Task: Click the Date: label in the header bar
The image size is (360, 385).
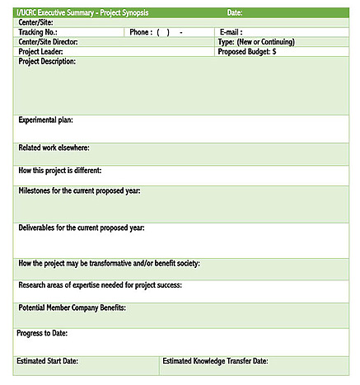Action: (235, 13)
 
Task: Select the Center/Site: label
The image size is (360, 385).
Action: (35, 22)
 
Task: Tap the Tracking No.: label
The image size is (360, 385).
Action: (38, 32)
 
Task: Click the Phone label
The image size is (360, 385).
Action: (141, 32)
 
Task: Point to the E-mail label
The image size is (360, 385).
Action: (231, 32)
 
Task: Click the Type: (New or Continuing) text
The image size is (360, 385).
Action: (256, 42)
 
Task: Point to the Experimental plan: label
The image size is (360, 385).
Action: (45, 120)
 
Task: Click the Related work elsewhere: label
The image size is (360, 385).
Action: (54, 148)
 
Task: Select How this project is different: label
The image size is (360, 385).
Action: (60, 171)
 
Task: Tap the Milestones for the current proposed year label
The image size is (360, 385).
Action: (79, 191)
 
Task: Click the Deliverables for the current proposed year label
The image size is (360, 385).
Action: (82, 228)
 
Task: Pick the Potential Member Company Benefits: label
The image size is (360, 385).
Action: (72, 308)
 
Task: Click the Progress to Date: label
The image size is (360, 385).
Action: (42, 334)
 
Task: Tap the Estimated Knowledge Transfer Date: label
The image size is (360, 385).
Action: (215, 361)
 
